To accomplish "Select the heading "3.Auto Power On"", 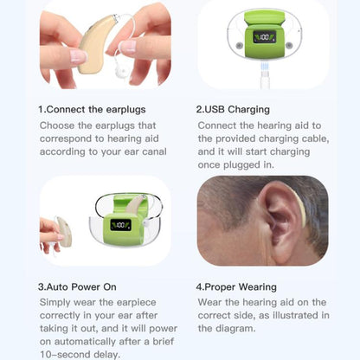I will click(x=83, y=286).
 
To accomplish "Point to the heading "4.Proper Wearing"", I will click(x=236, y=286).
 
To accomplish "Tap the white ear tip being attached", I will click(x=128, y=47).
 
